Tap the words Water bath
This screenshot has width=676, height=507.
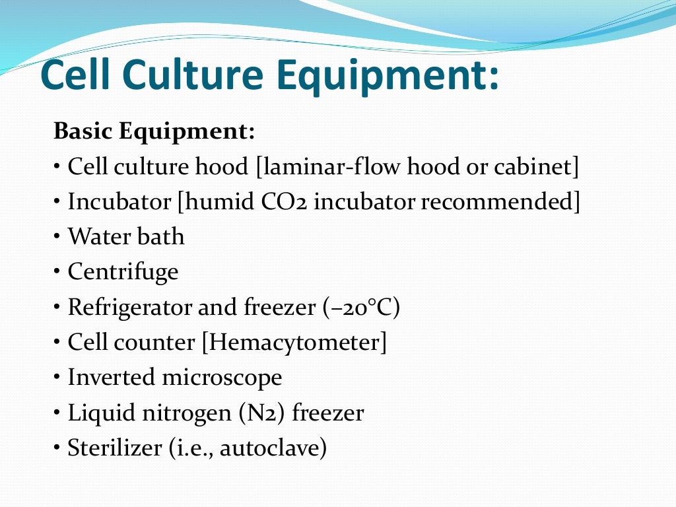[x=126, y=236]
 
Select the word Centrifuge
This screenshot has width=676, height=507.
[x=123, y=272]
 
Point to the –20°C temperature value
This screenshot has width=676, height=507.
[x=360, y=308]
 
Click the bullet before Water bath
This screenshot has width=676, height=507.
[x=58, y=236]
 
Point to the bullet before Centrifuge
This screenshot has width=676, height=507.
[x=58, y=271]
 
